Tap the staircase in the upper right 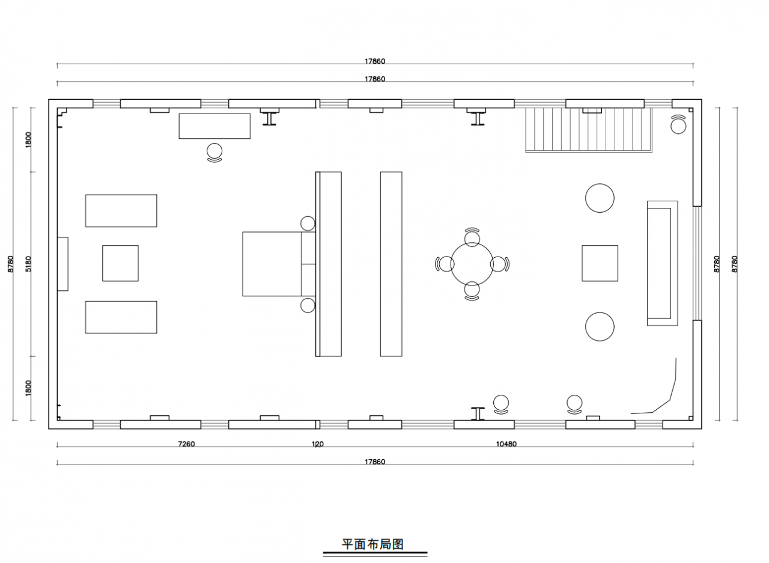[588, 130]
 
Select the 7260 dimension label [186, 444]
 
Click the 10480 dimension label [506, 444]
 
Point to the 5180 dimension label [28, 264]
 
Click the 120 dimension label [318, 444]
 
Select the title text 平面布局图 [373, 544]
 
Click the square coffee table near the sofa [600, 263]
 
